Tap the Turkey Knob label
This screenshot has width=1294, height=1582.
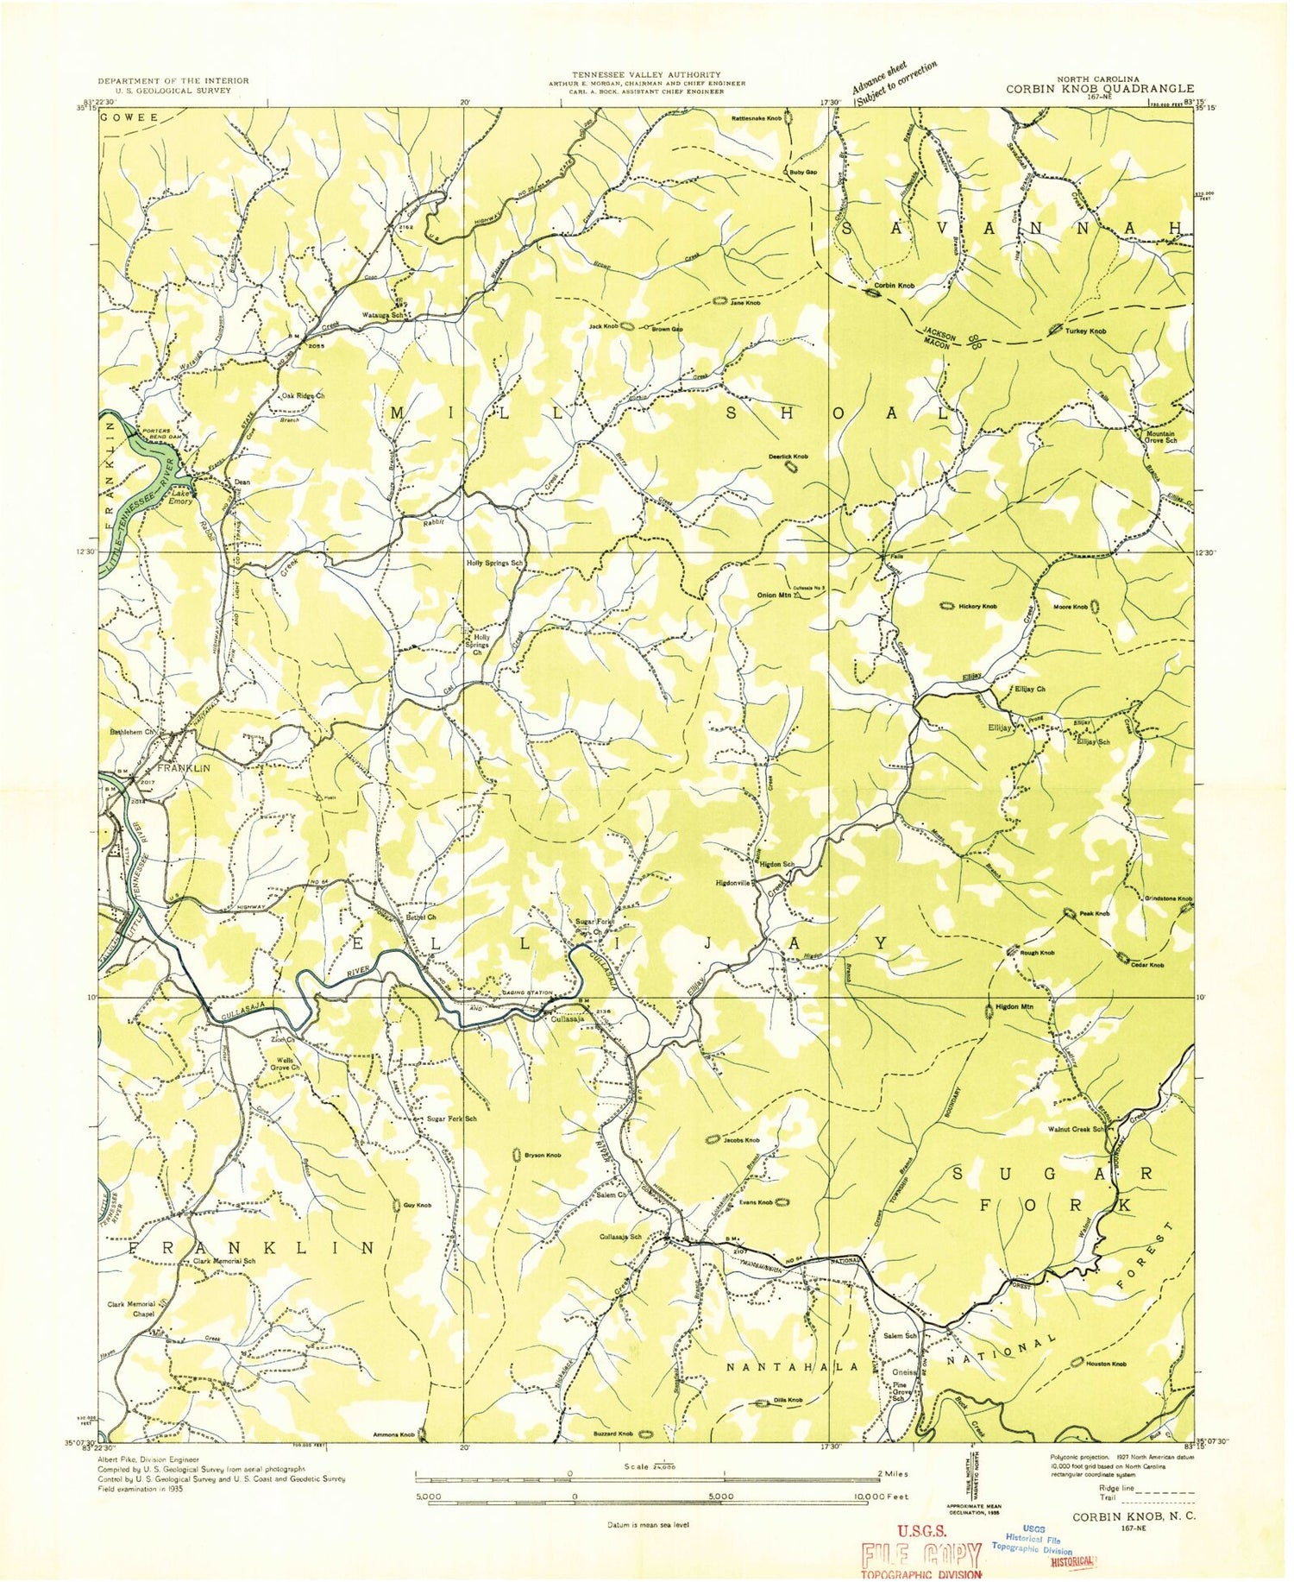[1085, 331]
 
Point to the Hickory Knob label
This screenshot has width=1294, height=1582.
[977, 607]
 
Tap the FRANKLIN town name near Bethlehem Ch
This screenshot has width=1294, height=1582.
[183, 766]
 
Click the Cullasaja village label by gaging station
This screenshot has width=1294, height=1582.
[567, 1018]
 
